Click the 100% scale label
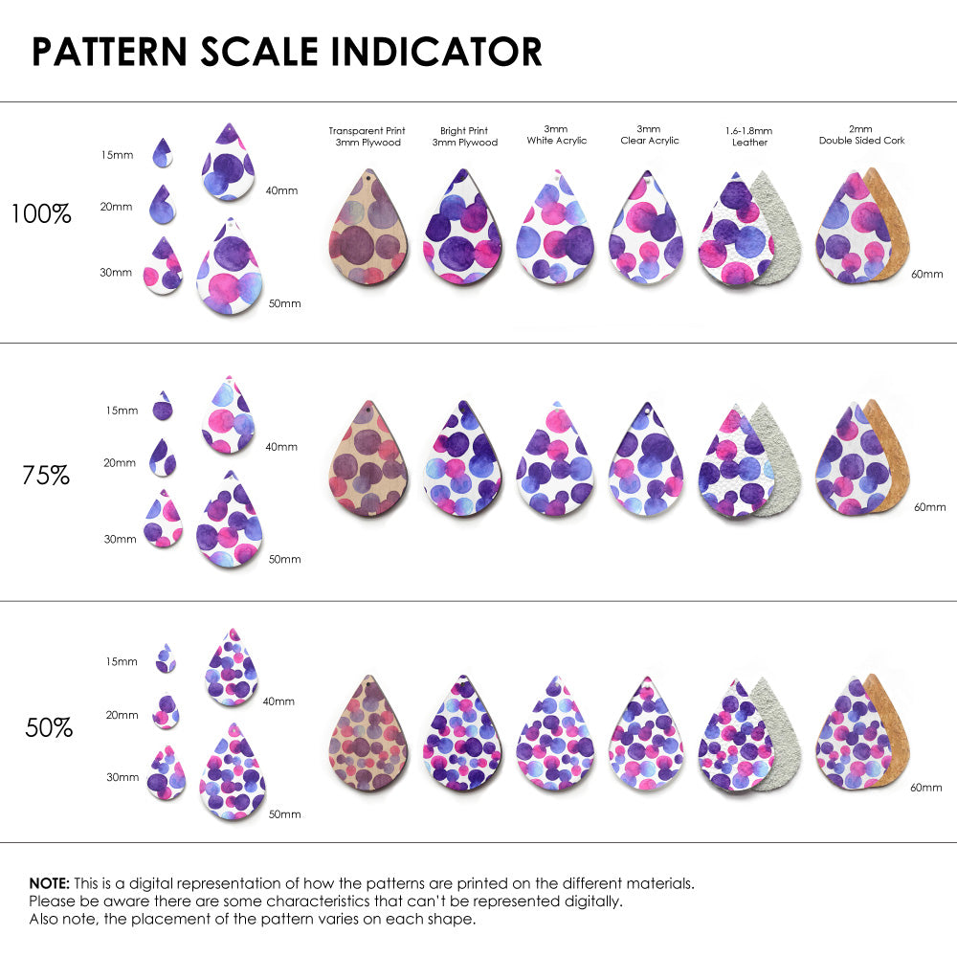tap(41, 213)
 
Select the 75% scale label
tap(46, 474)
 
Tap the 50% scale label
tap(49, 727)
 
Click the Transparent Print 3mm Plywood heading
tap(367, 136)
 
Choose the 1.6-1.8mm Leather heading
tap(749, 136)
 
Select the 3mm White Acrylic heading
tap(556, 135)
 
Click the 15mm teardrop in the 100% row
tap(164, 151)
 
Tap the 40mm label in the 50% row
tap(278, 701)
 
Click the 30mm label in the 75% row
tap(120, 539)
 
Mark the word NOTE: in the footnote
tap(49, 883)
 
